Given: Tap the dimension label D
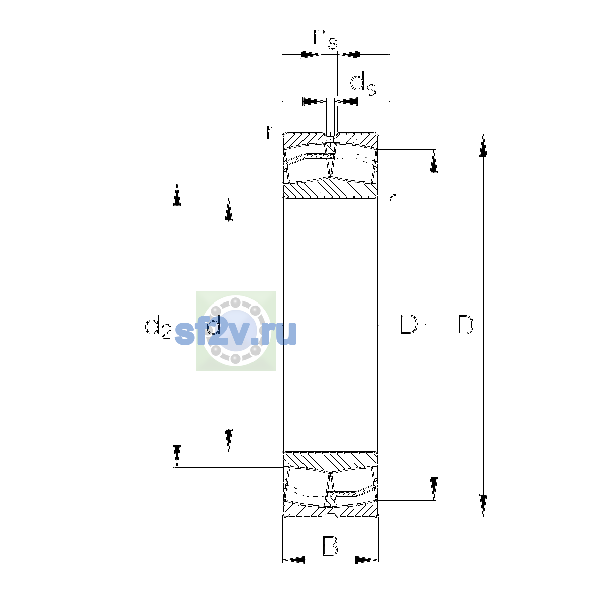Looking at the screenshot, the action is [465, 325].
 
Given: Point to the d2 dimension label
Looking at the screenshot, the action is [158, 327].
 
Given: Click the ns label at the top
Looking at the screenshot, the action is [326, 39].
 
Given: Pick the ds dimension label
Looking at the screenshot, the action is [363, 84].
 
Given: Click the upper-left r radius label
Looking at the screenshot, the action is [270, 132].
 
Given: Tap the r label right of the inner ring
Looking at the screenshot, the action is [391, 200].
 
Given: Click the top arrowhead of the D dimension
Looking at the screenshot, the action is [483, 144].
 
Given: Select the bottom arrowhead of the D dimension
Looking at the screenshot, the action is [483, 506].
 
